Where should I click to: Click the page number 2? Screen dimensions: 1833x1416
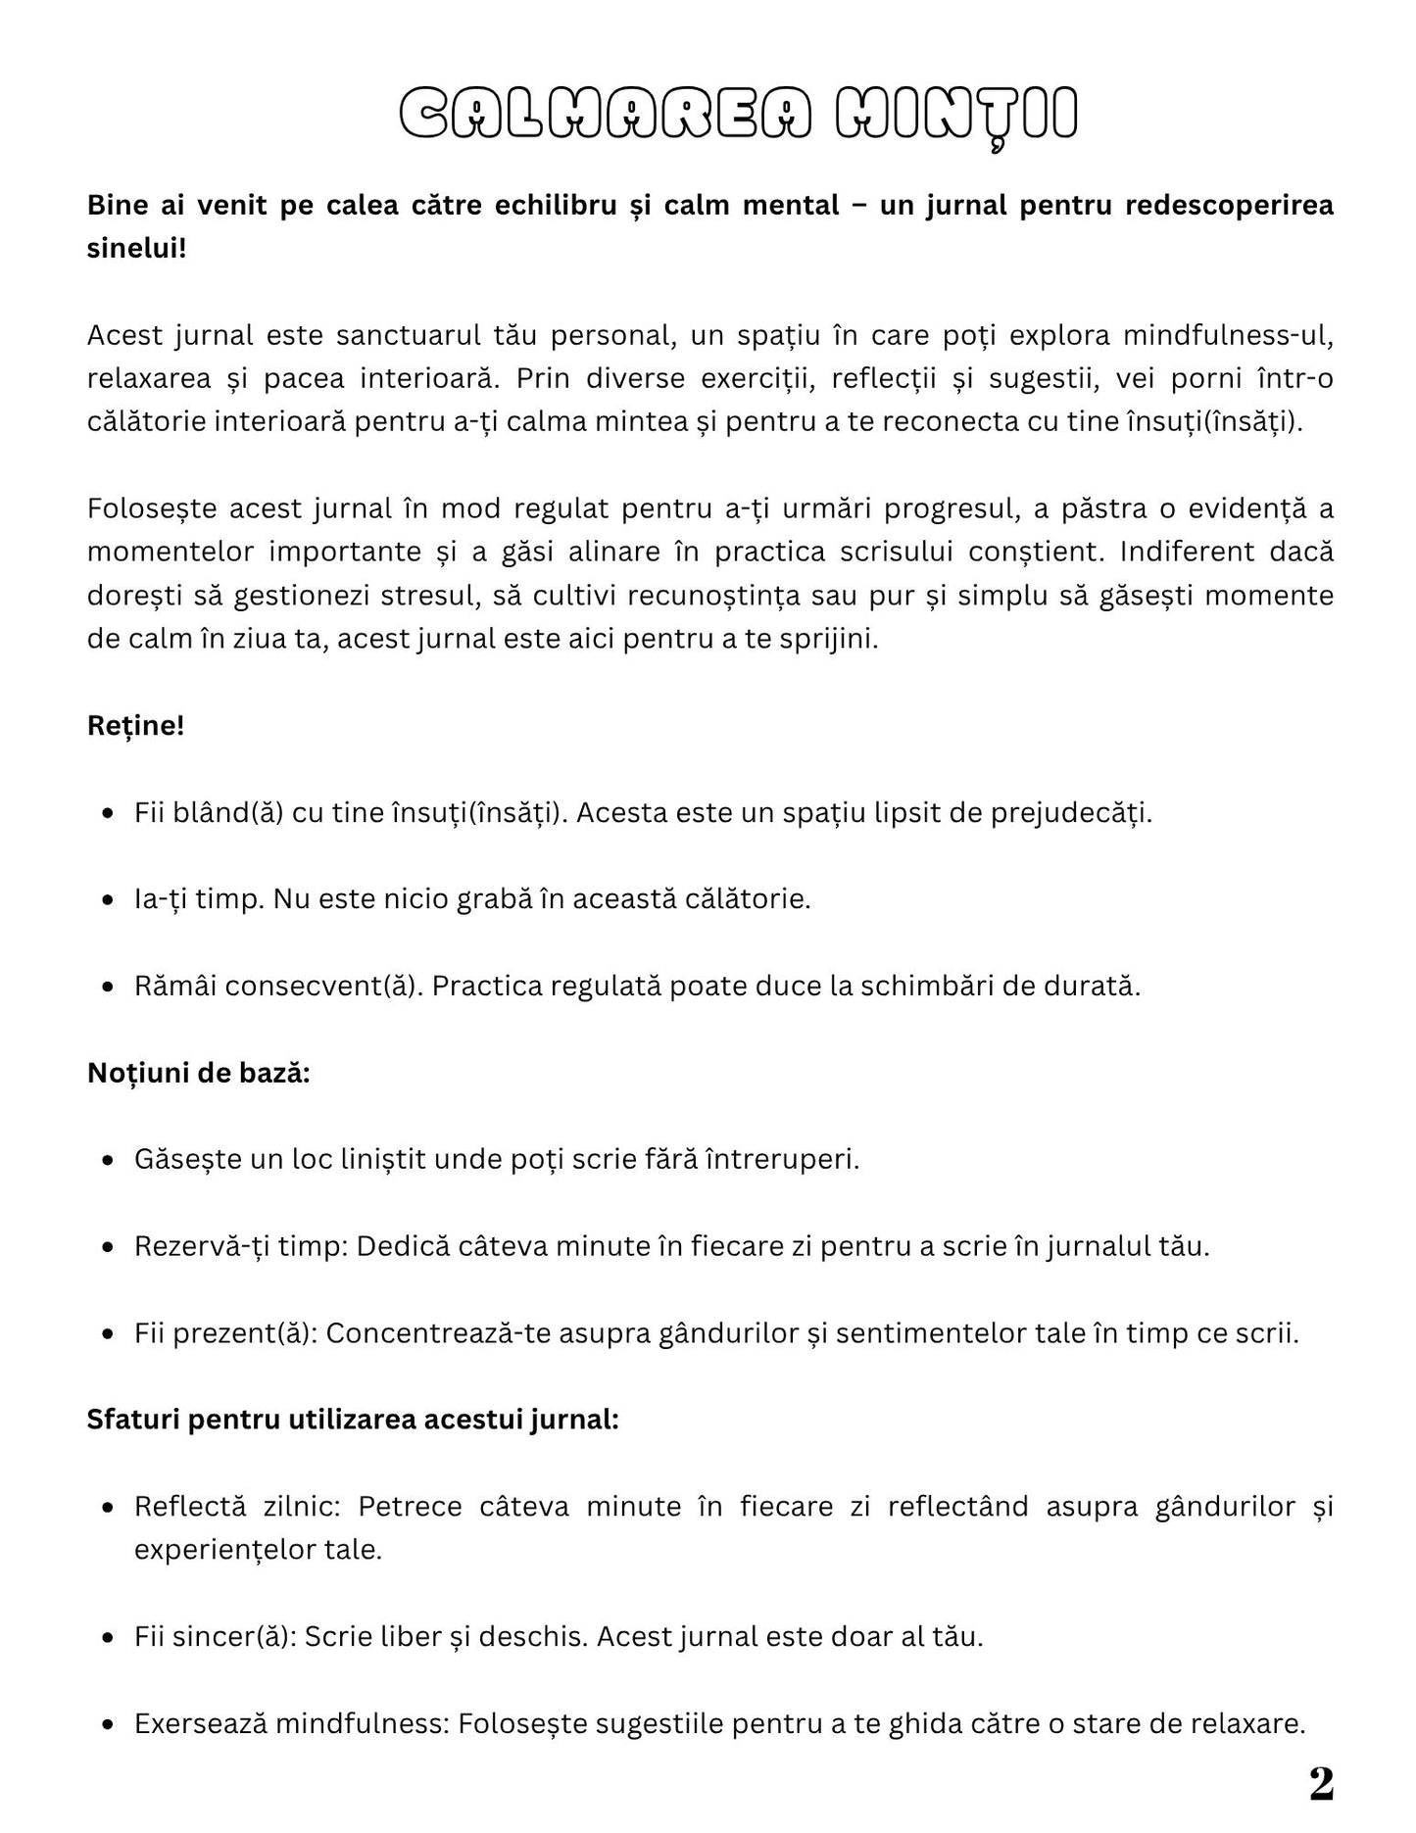(x=1321, y=1785)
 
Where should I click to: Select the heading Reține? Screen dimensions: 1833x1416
(x=135, y=726)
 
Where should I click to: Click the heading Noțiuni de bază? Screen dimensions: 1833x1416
(x=198, y=1073)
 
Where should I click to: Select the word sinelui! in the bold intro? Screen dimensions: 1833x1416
(x=136, y=248)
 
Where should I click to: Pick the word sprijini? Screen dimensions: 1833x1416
(x=831, y=639)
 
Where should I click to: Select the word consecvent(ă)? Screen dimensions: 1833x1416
(x=323, y=986)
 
